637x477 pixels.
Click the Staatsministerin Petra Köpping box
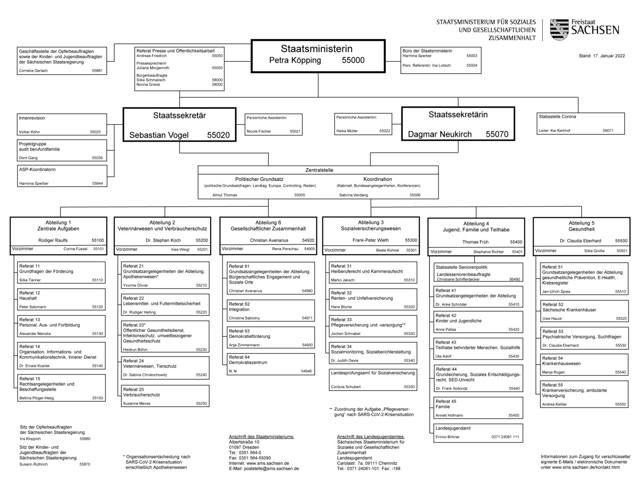(318, 55)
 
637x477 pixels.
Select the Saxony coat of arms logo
(559, 30)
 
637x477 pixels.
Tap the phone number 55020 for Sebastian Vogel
(218, 135)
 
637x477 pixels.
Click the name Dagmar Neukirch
(439, 134)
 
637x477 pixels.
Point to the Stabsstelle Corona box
(580, 123)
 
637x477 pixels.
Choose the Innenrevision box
(62, 125)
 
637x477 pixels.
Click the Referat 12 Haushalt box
(62, 300)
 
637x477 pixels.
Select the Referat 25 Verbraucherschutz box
(165, 396)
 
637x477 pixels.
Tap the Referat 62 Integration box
(271, 311)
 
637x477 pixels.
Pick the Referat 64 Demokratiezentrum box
(271, 364)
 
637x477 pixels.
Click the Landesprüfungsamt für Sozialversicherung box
(373, 379)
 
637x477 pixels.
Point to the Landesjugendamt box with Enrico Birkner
(478, 432)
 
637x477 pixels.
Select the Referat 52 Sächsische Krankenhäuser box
(584, 311)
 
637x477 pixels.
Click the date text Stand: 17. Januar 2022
(602, 56)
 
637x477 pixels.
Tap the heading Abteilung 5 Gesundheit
(581, 226)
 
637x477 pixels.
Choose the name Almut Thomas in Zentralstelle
(225, 195)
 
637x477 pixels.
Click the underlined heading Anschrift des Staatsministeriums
(261, 436)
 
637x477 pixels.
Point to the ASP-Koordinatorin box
(62, 176)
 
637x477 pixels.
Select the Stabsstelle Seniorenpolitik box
(478, 273)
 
